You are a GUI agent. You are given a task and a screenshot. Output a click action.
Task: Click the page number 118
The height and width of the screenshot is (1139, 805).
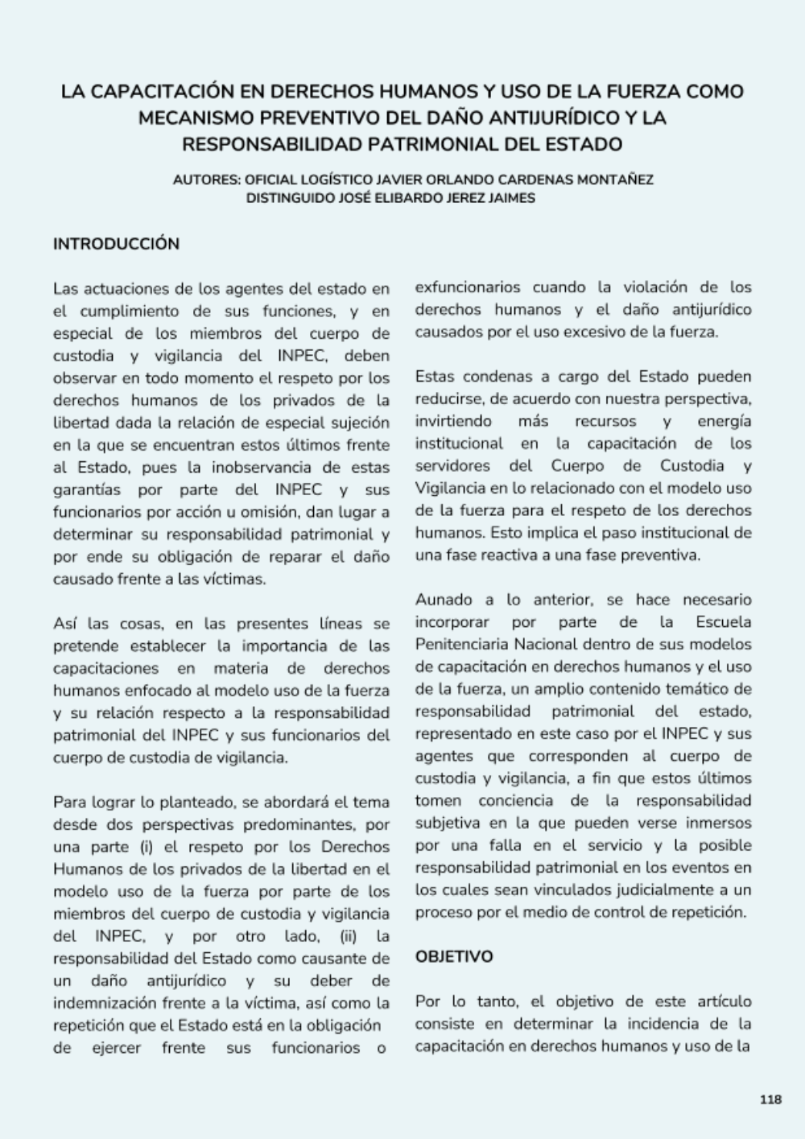tap(770, 1100)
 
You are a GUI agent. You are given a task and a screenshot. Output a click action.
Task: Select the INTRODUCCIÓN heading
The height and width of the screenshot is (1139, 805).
tap(116, 244)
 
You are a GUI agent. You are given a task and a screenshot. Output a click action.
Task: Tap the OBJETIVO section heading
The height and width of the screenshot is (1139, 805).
tap(454, 957)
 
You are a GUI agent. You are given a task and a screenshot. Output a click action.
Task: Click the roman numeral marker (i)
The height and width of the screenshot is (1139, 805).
tap(147, 847)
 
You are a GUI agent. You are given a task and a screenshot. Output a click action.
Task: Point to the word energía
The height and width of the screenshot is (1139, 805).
tap(724, 421)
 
